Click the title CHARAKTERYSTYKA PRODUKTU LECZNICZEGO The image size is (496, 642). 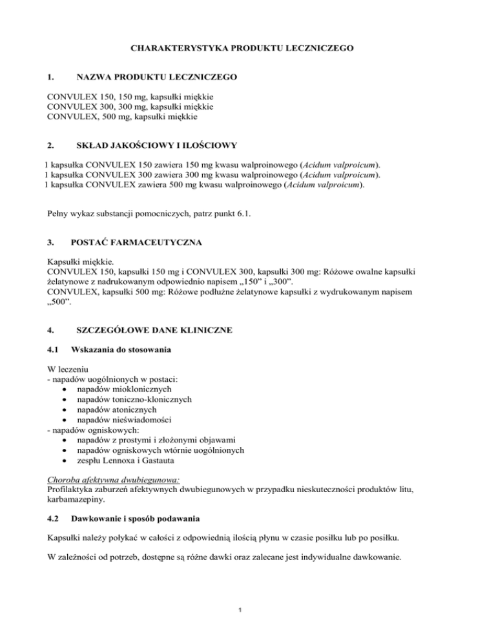(247, 48)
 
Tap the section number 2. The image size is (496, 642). (51, 145)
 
